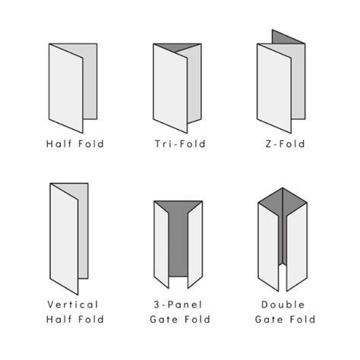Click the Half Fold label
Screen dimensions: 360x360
click(75, 144)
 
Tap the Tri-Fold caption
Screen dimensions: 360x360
click(180, 144)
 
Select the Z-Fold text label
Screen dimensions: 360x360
click(285, 144)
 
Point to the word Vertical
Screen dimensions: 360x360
click(73, 305)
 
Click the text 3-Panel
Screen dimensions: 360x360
click(178, 305)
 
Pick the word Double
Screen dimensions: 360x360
click(283, 305)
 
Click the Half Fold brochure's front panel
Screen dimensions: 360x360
click(66, 88)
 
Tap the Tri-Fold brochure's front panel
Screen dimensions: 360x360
click(170, 88)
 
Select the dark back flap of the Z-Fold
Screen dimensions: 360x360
click(286, 37)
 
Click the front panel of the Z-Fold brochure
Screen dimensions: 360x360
click(274, 88)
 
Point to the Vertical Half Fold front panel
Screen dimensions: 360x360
click(64, 239)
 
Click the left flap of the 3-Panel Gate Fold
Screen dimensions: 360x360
click(161, 245)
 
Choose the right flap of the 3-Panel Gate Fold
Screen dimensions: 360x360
click(195, 245)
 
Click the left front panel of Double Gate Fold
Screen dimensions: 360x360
click(268, 247)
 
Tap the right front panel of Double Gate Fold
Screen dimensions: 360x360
click(297, 247)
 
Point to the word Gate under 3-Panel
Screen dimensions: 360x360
click(164, 319)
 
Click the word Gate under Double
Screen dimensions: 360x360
click(269, 319)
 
